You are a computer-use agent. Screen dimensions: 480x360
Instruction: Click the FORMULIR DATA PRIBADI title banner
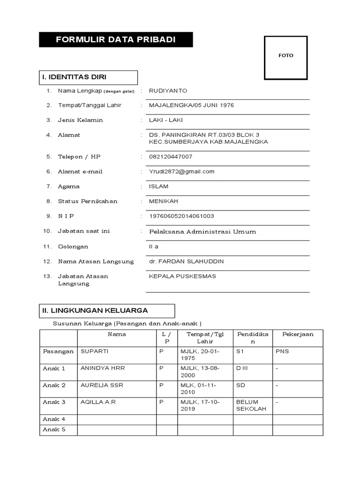point(116,40)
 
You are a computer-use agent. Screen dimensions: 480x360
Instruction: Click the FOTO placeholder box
point(286,56)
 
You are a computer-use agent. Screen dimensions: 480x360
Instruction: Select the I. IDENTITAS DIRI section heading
point(88,77)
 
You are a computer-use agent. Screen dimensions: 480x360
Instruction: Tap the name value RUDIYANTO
point(167,90)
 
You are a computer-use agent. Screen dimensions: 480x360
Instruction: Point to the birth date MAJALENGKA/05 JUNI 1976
point(191,105)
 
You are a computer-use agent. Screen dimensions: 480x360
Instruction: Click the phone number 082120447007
point(171,157)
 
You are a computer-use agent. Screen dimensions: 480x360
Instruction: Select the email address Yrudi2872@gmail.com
point(181,172)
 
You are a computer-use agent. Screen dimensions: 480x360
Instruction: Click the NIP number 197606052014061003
point(181,216)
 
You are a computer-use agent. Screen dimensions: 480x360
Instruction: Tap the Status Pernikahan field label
point(87,201)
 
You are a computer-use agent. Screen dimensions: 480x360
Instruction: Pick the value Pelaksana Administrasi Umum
point(202,232)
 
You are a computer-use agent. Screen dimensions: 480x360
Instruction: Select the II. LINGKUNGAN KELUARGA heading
point(107,310)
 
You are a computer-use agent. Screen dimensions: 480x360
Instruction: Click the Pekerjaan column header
point(298,334)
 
